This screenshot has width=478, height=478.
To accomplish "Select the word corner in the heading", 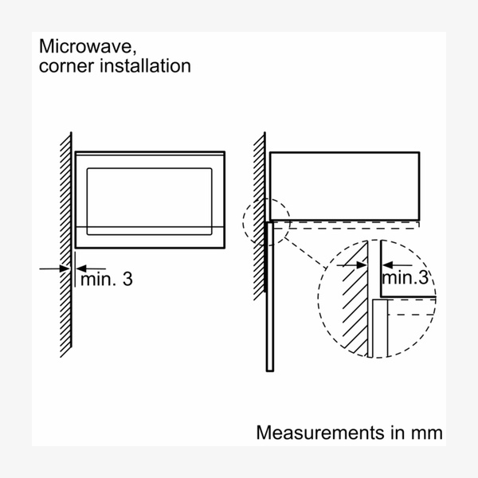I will (x=61, y=66).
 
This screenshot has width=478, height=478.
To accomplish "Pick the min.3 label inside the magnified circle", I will (x=406, y=278).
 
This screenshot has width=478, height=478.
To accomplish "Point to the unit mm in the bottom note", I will (x=427, y=433).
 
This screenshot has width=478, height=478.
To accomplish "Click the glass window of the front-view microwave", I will (x=150, y=199).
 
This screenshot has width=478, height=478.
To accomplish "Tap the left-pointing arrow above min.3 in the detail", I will (x=398, y=264).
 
